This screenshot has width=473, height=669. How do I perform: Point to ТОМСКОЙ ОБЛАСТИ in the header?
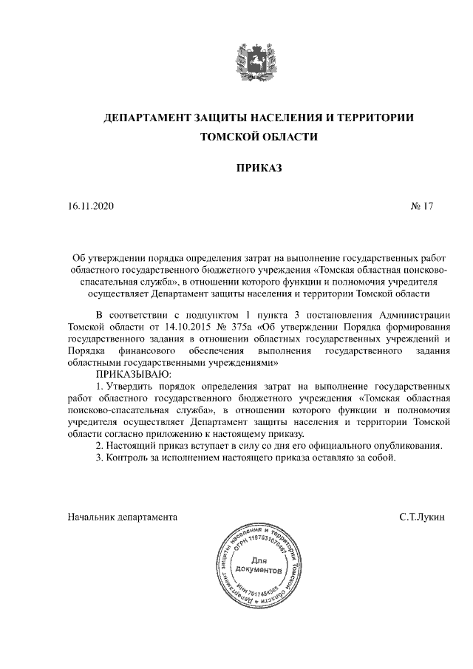[259, 137]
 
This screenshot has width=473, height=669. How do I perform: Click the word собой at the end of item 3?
[383, 458]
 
